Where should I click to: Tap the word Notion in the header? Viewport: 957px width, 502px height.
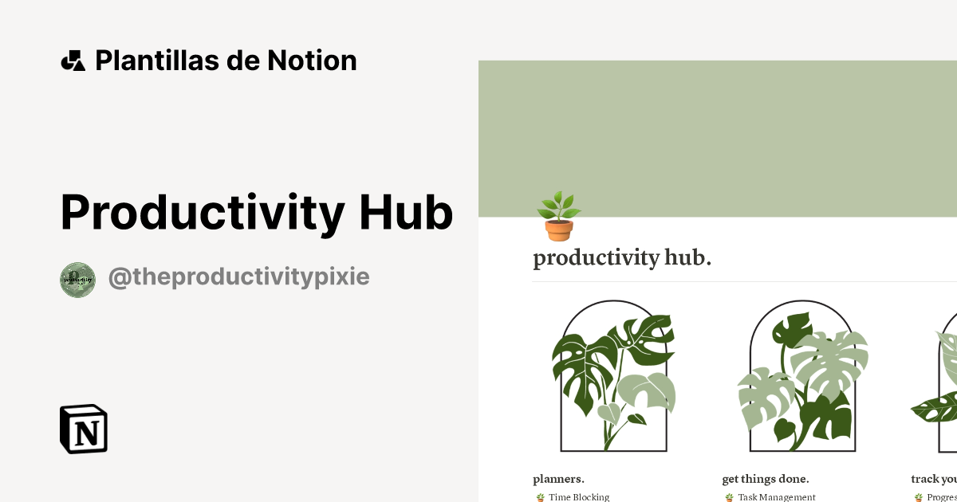[312, 61]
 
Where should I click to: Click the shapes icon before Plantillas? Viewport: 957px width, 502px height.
[73, 61]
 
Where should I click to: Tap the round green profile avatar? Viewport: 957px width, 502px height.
[77, 280]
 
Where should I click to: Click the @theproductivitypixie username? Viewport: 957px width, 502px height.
[238, 277]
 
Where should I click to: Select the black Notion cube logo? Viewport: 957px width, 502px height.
[84, 429]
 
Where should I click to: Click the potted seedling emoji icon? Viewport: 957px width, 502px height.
[558, 217]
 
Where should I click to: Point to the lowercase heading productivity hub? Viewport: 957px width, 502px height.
[622, 258]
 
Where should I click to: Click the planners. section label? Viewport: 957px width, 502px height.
[558, 479]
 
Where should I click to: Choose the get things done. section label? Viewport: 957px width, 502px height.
[766, 479]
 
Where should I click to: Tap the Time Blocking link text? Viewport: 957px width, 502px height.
[579, 497]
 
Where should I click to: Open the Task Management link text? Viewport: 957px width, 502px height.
[777, 497]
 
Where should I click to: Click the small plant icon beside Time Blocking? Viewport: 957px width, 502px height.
[540, 497]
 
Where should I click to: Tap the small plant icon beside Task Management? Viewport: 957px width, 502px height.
[729, 497]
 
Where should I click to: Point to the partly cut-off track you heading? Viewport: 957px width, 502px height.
[934, 479]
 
